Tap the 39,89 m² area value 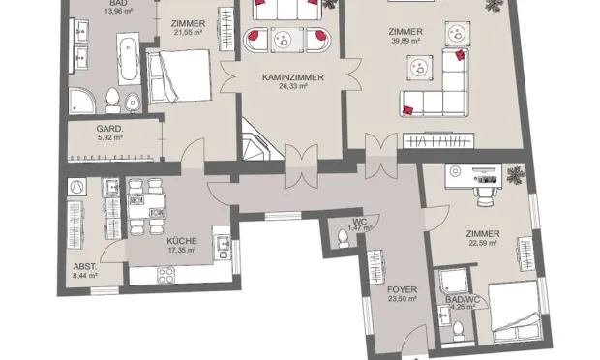(405, 42)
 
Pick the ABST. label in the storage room (83, 266)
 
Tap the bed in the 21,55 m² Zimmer (179, 75)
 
